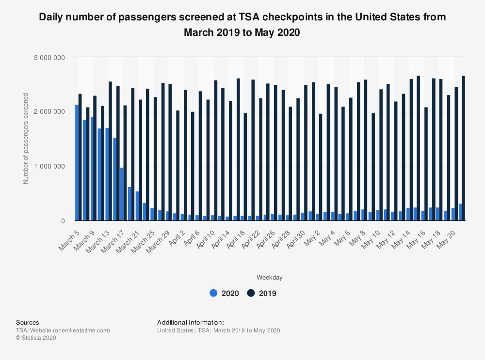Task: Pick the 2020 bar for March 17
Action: coord(122,194)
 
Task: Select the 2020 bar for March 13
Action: coord(107,174)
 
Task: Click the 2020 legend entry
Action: coord(224,293)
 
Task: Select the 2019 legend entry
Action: coord(262,293)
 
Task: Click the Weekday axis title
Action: coord(270,278)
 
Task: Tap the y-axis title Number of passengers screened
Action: coord(26,138)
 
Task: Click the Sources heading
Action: coord(28,323)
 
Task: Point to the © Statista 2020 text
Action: coord(36,338)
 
